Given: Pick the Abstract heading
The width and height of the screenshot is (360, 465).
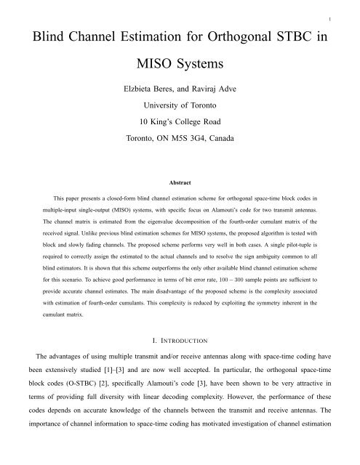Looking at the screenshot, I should pos(180,206).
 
